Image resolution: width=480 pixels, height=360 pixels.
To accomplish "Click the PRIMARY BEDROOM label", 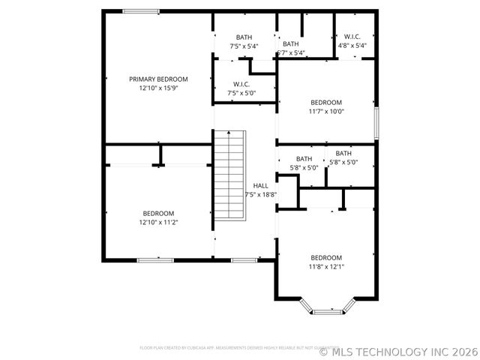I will click(x=158, y=79).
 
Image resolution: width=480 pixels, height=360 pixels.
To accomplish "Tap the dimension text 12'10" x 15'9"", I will click(x=158, y=88).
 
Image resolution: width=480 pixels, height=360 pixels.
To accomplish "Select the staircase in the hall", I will click(x=230, y=174).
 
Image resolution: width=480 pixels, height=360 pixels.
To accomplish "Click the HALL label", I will click(x=260, y=185).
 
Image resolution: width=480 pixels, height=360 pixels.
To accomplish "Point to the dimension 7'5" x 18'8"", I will click(x=260, y=194).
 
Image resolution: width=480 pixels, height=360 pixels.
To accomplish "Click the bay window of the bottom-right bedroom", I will click(x=326, y=308).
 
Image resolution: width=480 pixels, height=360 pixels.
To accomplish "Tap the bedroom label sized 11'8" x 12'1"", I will click(x=326, y=257).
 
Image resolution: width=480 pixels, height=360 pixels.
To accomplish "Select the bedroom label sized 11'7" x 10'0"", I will click(x=326, y=103).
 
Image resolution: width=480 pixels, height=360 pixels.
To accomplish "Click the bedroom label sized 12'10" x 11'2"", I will click(x=158, y=213).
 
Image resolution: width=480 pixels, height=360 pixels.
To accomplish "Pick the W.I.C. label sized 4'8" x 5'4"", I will click(x=352, y=37).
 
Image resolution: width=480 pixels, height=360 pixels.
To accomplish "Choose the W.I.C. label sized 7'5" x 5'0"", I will click(x=241, y=85).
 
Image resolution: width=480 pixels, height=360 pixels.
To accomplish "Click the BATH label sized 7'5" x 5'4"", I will click(x=244, y=37).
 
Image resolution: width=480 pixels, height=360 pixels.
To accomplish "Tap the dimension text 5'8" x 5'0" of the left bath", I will click(x=304, y=168).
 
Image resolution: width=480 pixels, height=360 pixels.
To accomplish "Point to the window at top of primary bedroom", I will click(x=140, y=11).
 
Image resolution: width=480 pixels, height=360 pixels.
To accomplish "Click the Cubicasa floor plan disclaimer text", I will click(x=228, y=348).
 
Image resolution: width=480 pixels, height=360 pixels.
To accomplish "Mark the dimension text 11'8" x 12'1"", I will click(x=326, y=266).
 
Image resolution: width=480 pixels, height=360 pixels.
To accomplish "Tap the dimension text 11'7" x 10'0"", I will click(x=326, y=112).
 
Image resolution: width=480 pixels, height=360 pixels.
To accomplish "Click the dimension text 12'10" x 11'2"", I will click(x=158, y=222).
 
